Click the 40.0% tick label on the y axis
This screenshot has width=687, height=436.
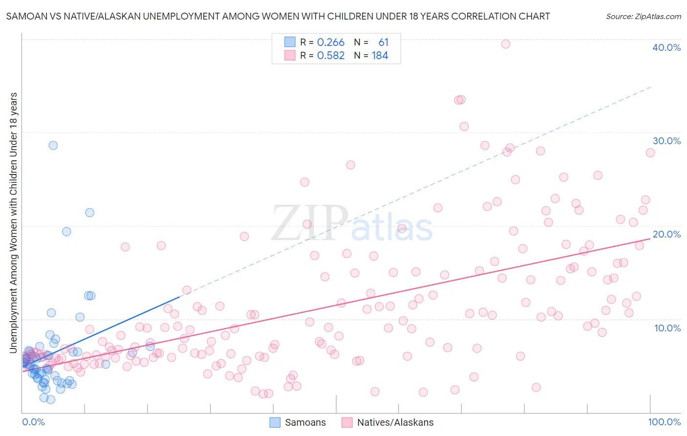666,47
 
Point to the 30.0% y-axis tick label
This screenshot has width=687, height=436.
666,141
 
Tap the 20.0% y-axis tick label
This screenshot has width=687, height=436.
666,234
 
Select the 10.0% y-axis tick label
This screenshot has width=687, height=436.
667,328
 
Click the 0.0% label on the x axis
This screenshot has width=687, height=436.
33,422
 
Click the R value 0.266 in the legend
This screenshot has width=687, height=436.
331,43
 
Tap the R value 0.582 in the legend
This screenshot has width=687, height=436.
331,56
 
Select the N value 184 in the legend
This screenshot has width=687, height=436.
380,56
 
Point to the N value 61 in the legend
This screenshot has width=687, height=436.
383,43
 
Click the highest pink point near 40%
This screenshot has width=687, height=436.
506,44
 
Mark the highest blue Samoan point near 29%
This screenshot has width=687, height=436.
53,145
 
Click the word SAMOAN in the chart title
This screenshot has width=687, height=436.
25,16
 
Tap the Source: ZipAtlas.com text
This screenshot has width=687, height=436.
643,16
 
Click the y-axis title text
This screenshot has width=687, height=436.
13,222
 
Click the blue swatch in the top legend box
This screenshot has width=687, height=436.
290,42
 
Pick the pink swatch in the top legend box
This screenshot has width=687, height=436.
290,55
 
